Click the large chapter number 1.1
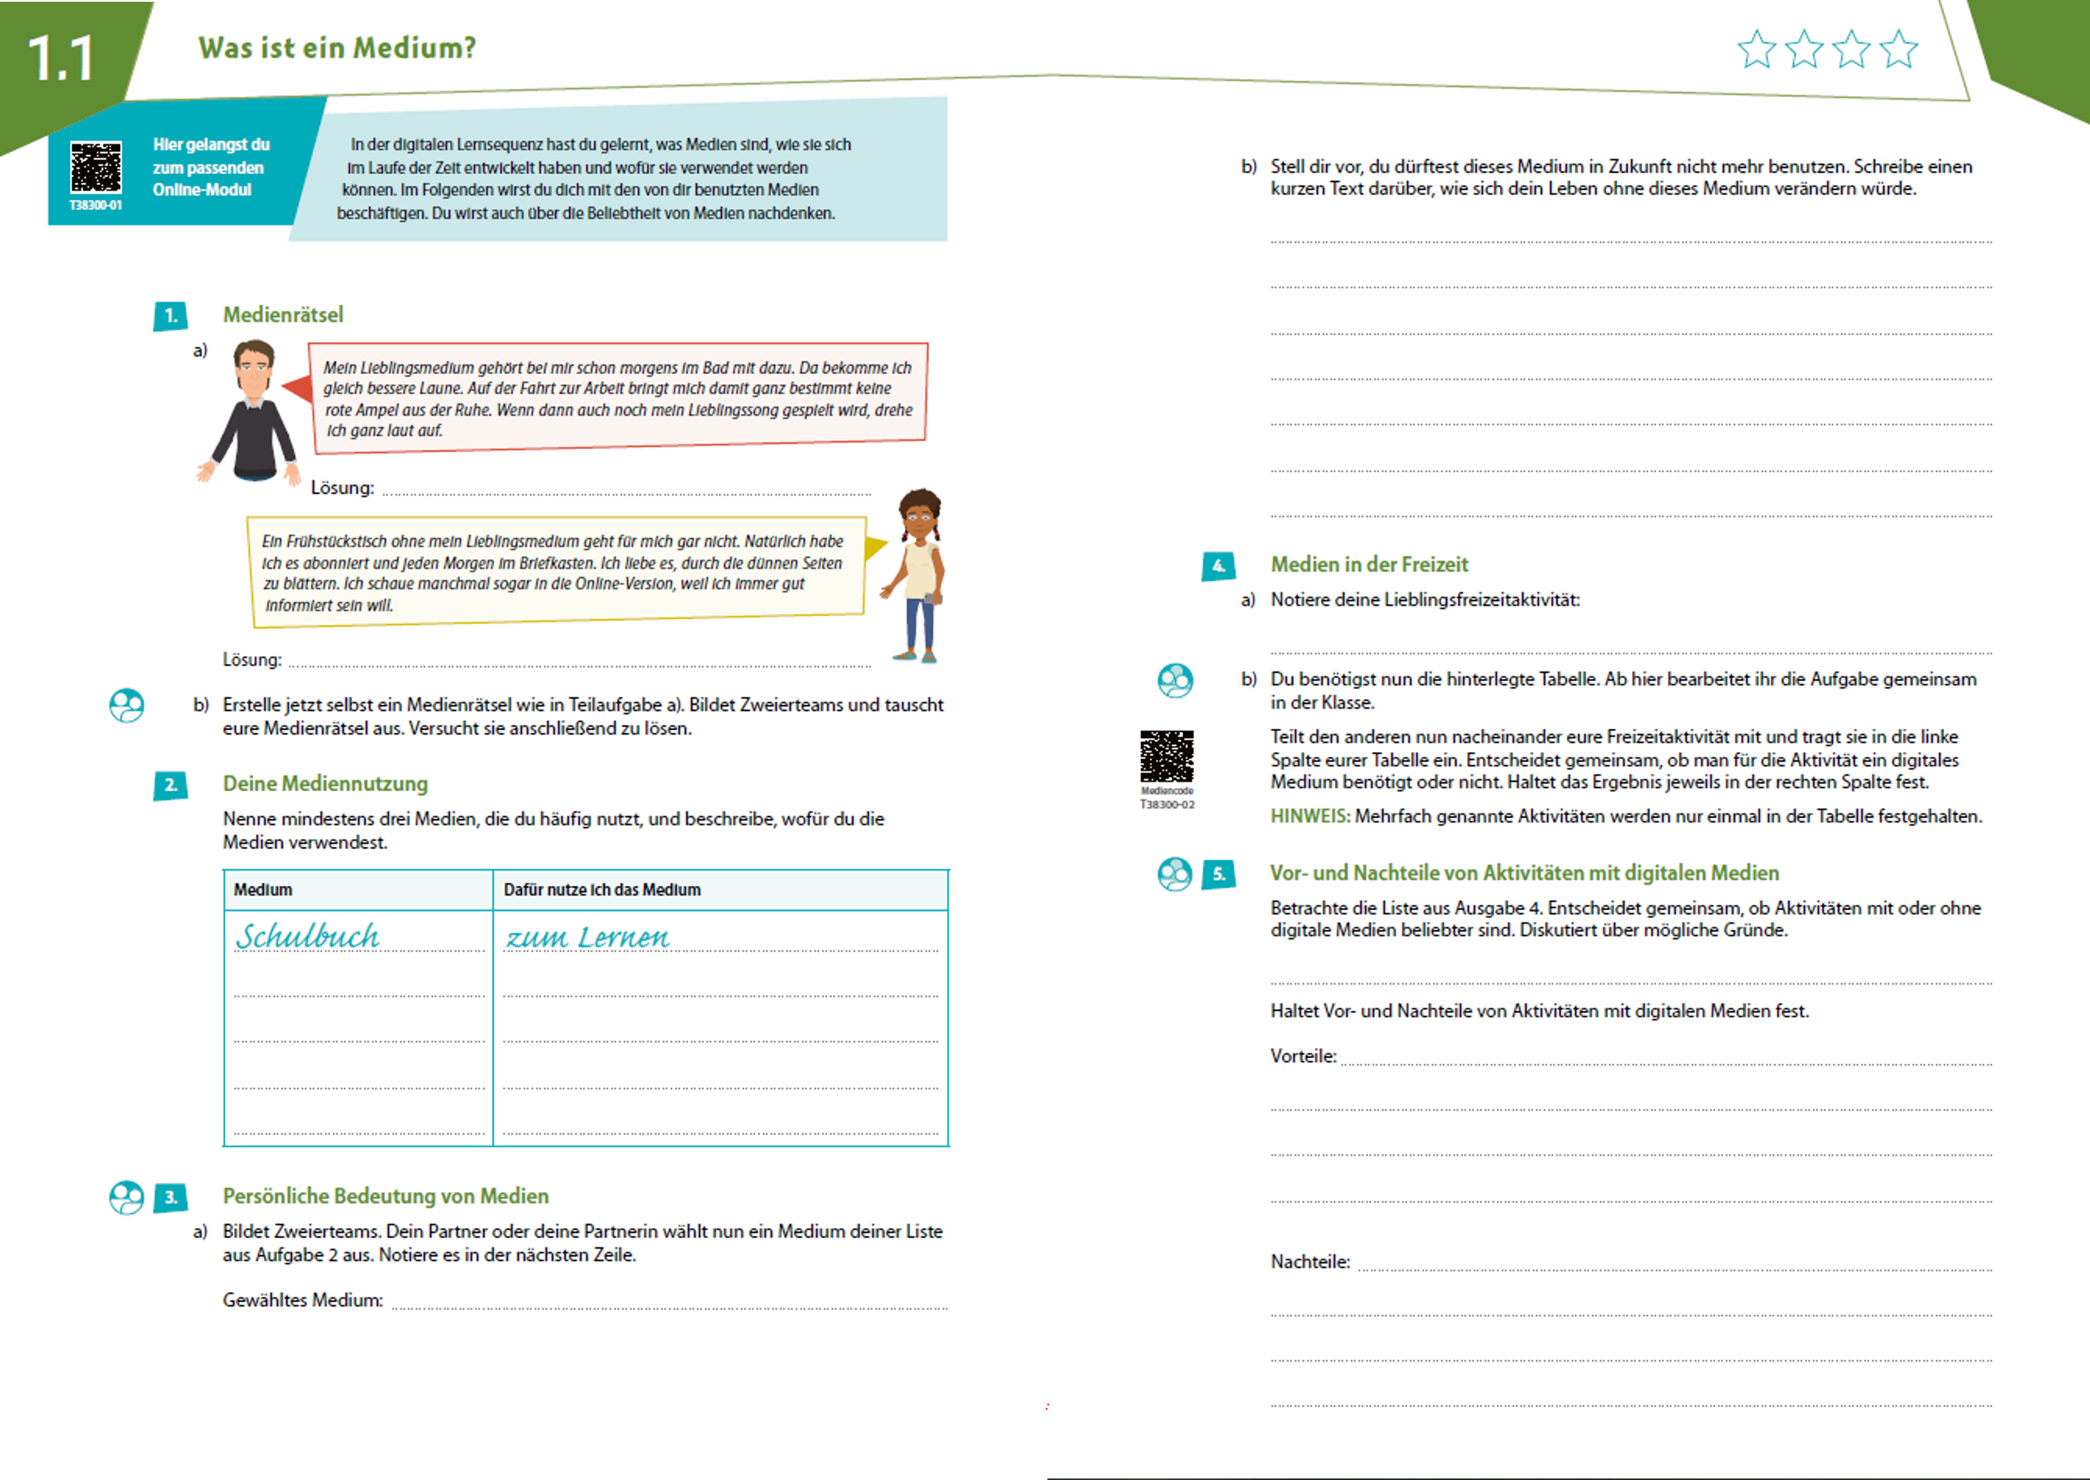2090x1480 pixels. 60,59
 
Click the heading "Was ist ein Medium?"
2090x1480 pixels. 337,47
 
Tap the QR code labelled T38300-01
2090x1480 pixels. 96,168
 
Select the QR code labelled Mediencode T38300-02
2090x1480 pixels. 1167,756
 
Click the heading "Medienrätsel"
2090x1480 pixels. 283,314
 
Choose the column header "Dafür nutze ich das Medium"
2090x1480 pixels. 602,889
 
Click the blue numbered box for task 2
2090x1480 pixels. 170,785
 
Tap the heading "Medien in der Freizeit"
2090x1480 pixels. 1369,564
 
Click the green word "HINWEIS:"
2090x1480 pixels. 1310,816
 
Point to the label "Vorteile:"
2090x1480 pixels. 1303,1055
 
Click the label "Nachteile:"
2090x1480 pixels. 1310,1261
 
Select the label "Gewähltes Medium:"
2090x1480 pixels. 302,1300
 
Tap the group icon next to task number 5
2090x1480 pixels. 1174,874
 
